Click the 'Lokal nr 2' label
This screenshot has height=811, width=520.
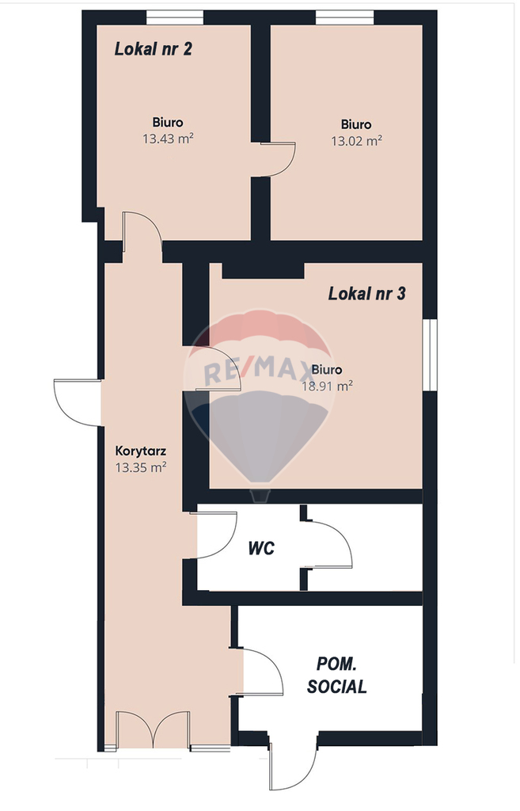click(154, 48)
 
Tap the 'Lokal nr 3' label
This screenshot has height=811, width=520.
click(366, 294)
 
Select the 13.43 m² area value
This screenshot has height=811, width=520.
click(168, 139)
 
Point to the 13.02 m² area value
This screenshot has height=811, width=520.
click(356, 141)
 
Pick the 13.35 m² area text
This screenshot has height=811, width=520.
click(140, 467)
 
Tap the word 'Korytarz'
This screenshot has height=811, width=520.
click(139, 451)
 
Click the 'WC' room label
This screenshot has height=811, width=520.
click(261, 548)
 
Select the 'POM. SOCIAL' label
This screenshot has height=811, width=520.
click(336, 676)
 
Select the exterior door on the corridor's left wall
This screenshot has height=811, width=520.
click(78, 402)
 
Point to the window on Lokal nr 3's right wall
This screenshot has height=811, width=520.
click(429, 354)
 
